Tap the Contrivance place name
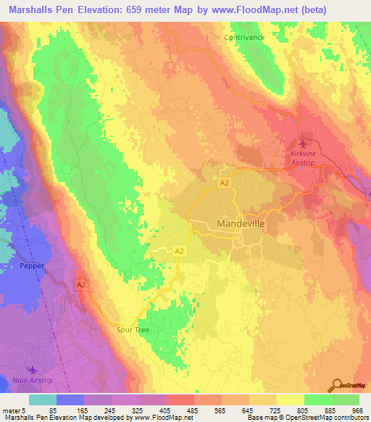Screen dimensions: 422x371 pyautogui.click(x=244, y=37)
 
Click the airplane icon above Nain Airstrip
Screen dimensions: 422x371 pyautogui.click(x=29, y=371)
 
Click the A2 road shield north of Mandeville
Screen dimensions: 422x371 pyautogui.click(x=225, y=183)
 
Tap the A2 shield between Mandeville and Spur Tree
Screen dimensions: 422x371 pyautogui.click(x=178, y=251)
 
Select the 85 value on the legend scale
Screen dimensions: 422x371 pyautogui.click(x=52, y=410)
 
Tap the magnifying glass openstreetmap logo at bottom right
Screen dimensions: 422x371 pyautogui.click(x=338, y=384)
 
